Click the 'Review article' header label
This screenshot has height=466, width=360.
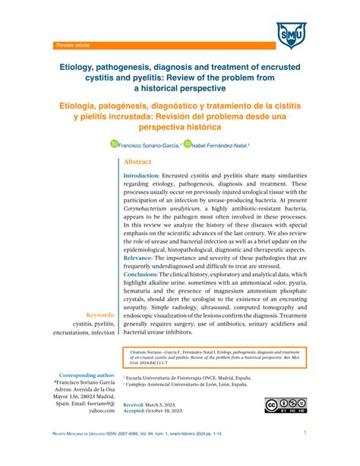[73, 46]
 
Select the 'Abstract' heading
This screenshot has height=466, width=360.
[137, 162]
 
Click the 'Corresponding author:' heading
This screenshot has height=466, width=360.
[87, 375]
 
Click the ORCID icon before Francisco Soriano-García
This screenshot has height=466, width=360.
[115, 142]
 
